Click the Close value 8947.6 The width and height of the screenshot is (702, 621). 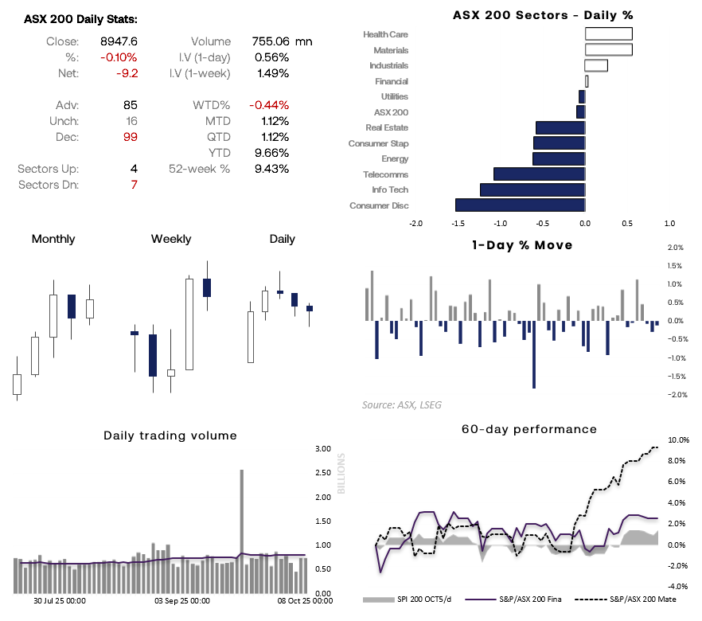[118, 41]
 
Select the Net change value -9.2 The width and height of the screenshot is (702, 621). [127, 73]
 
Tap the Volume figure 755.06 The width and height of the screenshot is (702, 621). [270, 41]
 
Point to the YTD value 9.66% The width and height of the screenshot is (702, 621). [271, 153]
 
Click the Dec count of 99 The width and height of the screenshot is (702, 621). [129, 137]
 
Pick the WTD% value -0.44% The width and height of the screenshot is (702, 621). [268, 105]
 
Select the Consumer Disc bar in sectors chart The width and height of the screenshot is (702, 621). [520, 205]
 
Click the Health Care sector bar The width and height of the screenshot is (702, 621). [609, 34]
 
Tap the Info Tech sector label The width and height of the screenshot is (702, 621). [390, 190]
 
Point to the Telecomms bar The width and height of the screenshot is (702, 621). [539, 174]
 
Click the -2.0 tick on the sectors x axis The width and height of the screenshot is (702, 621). [415, 224]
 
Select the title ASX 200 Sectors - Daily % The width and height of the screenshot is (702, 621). [543, 15]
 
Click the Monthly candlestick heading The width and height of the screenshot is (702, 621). [53, 239]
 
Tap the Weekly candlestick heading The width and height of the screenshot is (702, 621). [171, 239]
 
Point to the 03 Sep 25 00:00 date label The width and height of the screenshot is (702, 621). [182, 602]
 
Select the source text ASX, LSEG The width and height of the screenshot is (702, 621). [402, 404]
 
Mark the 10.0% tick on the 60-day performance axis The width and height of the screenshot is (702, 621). [678, 439]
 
